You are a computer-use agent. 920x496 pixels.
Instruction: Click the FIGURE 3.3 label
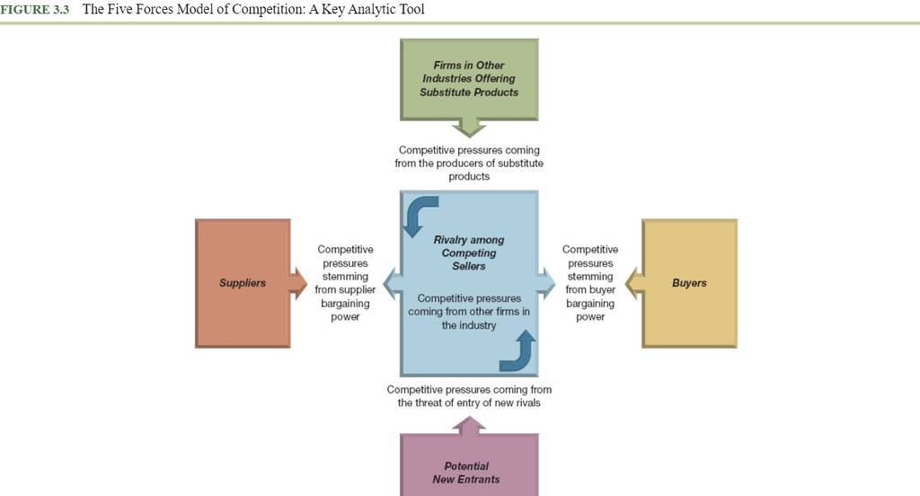[x=35, y=9]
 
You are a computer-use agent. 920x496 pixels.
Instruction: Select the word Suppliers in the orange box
[x=243, y=283]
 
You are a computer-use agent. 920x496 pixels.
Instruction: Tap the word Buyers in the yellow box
[x=689, y=283]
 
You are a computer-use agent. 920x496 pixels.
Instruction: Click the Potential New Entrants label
[x=466, y=473]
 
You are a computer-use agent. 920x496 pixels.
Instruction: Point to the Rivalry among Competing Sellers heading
[x=469, y=253]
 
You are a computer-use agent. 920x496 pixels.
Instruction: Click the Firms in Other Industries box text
[x=469, y=79]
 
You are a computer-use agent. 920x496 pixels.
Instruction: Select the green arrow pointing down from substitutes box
[x=469, y=127]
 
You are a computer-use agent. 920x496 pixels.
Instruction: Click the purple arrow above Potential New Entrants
[x=469, y=426]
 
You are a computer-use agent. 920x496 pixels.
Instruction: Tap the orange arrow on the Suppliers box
[x=297, y=284]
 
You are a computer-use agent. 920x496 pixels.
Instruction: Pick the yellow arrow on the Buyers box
[x=634, y=284]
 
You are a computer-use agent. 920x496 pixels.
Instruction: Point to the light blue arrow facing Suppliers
[x=393, y=284]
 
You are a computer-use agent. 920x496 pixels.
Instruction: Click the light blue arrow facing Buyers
[x=545, y=284]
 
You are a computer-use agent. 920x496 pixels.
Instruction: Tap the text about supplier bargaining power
[x=345, y=283]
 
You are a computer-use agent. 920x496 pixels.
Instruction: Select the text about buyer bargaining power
[x=590, y=283]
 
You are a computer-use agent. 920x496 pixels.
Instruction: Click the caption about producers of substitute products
[x=469, y=164]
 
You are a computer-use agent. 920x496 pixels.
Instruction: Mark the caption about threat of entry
[x=469, y=396]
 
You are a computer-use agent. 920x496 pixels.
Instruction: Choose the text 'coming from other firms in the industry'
[x=469, y=318]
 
